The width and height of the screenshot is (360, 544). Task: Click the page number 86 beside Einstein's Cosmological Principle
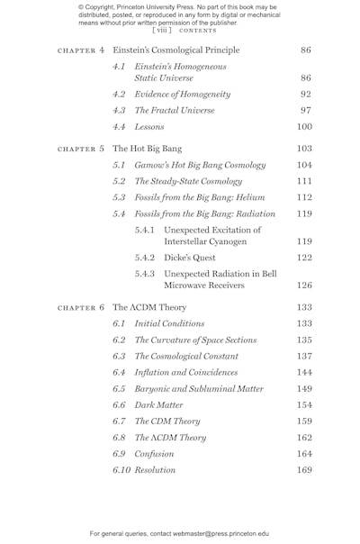click(x=306, y=50)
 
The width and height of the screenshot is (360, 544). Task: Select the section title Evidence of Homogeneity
click(x=183, y=94)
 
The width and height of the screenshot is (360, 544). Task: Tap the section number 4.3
click(x=120, y=110)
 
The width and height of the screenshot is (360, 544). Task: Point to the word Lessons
click(x=149, y=127)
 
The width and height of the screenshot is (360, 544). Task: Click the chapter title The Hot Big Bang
click(x=147, y=148)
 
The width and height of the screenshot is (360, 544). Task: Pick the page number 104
click(x=304, y=165)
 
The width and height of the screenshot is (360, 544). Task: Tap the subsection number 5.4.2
click(x=145, y=258)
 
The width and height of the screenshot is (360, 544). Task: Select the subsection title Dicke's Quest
click(x=190, y=258)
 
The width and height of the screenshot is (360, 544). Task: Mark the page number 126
click(x=304, y=286)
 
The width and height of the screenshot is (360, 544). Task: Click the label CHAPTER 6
click(x=81, y=307)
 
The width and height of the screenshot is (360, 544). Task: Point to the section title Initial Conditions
click(x=169, y=323)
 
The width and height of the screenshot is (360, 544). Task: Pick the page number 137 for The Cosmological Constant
click(x=304, y=356)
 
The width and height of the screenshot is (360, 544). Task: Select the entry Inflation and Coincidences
click(x=186, y=372)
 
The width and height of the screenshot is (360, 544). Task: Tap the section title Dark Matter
click(x=158, y=405)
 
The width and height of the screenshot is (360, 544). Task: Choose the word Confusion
click(x=154, y=454)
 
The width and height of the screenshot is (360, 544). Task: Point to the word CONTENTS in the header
click(x=197, y=30)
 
